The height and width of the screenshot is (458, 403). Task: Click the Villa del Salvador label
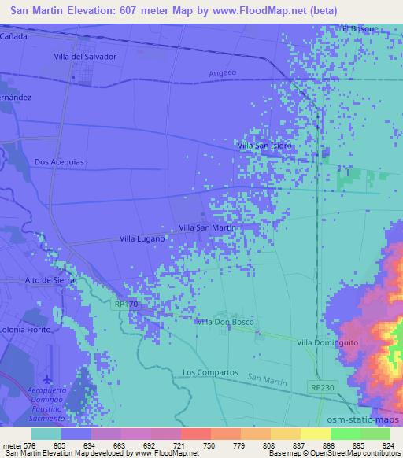coord(85,57)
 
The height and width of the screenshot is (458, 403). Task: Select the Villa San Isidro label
coord(265,146)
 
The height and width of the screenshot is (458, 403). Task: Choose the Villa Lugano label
coord(142,238)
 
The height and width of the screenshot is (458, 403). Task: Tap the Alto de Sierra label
coord(49,280)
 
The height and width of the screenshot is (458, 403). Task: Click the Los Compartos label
coord(209,371)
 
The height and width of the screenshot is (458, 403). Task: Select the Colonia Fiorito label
coord(25,328)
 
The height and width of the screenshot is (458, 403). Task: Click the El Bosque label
coord(360,29)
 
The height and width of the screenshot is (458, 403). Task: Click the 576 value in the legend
coord(29,445)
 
